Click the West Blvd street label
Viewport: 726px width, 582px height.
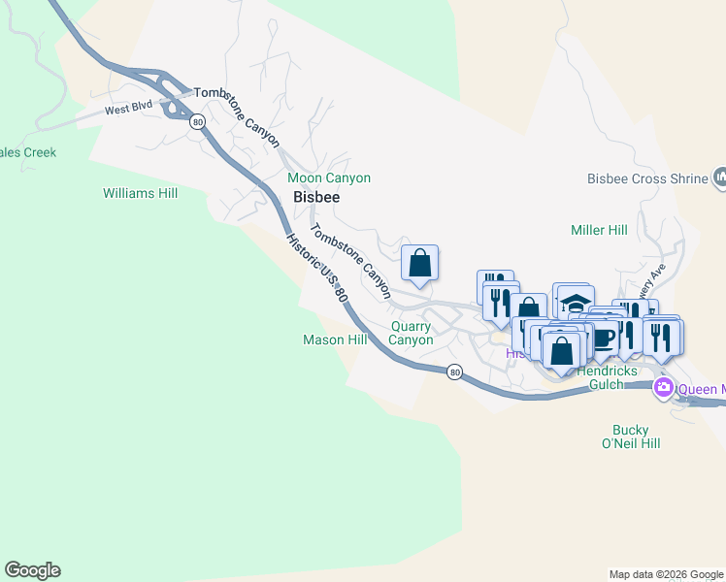[131, 110]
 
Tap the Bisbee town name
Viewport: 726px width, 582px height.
[316, 197]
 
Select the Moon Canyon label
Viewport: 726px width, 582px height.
[329, 178]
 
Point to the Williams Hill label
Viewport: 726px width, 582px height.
[141, 193]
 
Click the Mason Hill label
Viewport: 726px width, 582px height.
[335, 339]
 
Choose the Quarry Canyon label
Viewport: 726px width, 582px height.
[411, 333]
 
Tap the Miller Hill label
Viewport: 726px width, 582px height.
[599, 230]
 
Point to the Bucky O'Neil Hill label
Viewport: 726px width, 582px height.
[637, 436]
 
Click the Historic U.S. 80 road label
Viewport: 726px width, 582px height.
[316, 273]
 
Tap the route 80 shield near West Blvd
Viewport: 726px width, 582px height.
[198, 121]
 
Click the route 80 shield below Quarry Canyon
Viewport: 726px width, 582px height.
[454, 372]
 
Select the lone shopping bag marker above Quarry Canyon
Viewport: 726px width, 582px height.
[419, 263]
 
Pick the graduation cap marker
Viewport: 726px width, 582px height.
[576, 301]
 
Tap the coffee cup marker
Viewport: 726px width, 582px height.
[603, 337]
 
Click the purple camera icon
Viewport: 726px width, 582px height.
[664, 388]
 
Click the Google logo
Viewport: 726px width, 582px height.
[32, 570]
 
